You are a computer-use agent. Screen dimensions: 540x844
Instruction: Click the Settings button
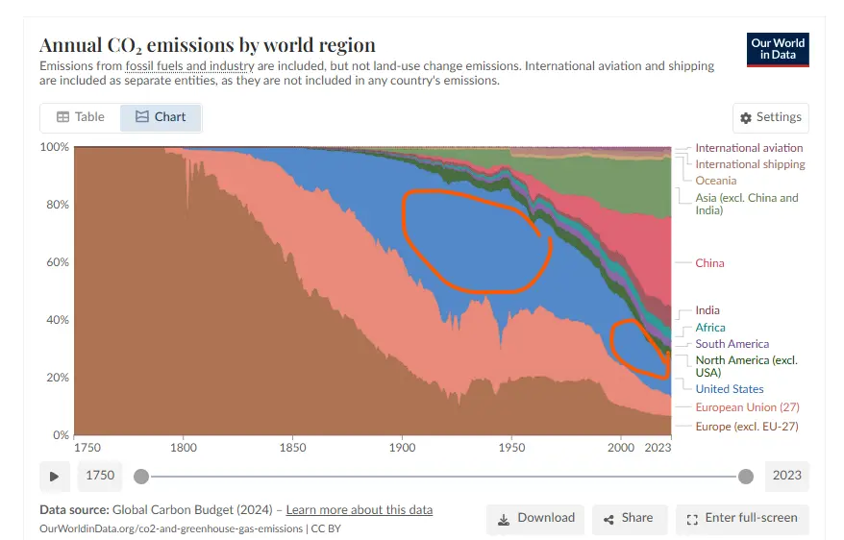(x=770, y=117)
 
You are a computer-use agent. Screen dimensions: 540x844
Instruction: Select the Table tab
(x=81, y=117)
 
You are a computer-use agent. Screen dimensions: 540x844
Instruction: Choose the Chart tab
(x=161, y=117)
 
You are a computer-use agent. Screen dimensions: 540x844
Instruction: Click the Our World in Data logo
(x=778, y=49)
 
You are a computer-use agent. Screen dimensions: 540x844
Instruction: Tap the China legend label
(x=709, y=263)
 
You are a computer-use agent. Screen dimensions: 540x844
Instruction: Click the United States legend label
(x=729, y=389)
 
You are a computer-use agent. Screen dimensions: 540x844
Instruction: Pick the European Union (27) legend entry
(x=747, y=407)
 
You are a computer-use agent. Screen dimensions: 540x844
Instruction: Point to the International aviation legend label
(x=749, y=148)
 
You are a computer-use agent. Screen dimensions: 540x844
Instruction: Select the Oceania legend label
(x=715, y=181)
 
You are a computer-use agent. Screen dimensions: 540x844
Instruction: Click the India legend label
(x=707, y=310)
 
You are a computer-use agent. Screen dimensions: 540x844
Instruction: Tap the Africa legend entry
(x=710, y=328)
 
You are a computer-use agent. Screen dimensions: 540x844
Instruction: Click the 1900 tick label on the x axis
(x=403, y=448)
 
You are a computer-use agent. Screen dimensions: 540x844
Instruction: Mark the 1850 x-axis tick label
(x=293, y=448)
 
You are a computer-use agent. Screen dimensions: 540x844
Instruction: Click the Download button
(x=535, y=518)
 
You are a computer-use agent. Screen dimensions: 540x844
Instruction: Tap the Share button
(x=629, y=518)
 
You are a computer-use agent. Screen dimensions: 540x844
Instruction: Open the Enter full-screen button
(x=742, y=518)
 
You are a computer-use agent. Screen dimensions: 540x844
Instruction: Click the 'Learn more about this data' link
(x=360, y=510)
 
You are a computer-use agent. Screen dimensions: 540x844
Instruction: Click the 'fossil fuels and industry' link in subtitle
(x=189, y=66)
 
